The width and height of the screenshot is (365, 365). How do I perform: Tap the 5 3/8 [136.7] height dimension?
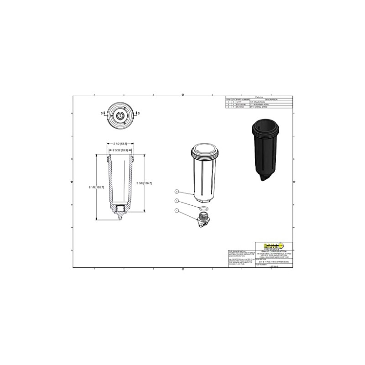[145, 183]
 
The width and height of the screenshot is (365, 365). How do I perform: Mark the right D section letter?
[138, 112]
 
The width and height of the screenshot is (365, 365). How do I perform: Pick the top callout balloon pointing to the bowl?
[176, 192]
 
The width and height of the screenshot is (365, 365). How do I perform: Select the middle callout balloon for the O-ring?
[176, 201]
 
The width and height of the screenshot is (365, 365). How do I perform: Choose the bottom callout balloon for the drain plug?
[176, 210]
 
